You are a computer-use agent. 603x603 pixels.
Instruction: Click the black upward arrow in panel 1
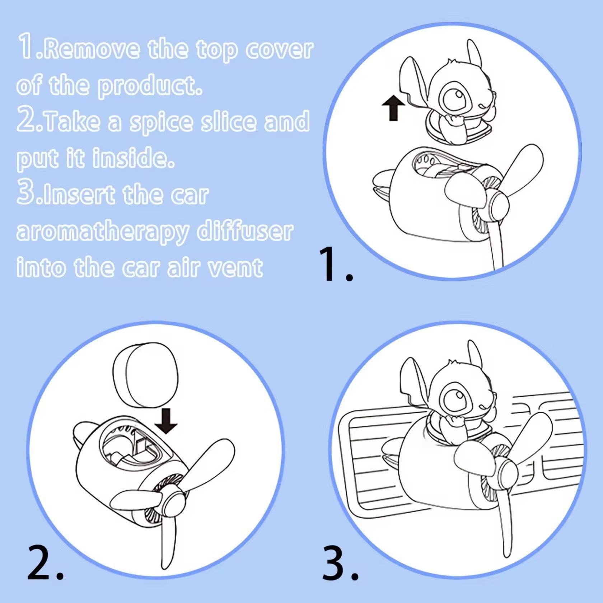coord(393,108)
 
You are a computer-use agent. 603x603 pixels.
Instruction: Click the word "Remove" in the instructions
coord(93,49)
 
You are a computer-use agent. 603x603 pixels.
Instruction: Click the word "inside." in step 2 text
coord(134,158)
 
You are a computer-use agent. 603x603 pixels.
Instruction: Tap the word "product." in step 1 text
coord(150,87)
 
